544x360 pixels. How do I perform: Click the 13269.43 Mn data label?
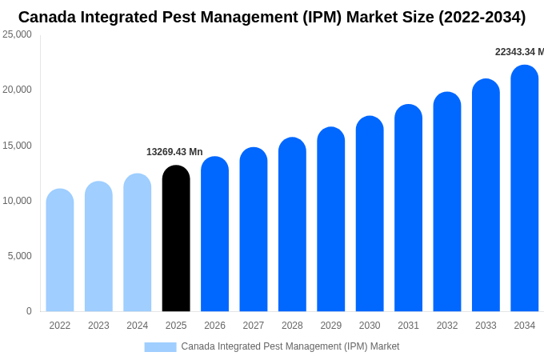(174, 152)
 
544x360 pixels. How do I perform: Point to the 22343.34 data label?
(518, 52)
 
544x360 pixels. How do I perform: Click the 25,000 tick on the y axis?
(17, 34)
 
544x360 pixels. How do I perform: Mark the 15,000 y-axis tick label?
(17, 146)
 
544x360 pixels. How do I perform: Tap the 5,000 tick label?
(19, 256)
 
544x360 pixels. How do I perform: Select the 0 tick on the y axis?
(29, 311)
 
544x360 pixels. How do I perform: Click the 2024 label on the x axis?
(137, 326)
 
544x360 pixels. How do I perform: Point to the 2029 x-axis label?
(330, 326)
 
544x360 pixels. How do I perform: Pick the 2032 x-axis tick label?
(447, 326)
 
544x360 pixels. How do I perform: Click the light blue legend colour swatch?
(160, 346)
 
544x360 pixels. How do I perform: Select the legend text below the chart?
(290, 346)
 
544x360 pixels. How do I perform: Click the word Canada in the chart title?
(49, 17)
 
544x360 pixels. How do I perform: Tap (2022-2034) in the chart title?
(482, 17)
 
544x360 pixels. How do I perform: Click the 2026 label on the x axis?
(214, 326)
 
